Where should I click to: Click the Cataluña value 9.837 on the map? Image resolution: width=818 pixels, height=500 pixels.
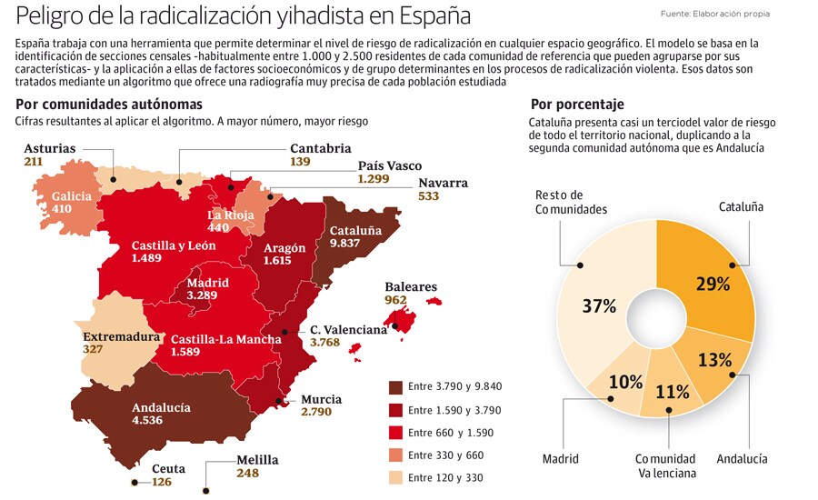[x=344, y=244]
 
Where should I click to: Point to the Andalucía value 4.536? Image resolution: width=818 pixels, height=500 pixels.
[x=147, y=421]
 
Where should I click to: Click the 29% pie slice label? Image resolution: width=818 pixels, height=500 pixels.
[x=712, y=283]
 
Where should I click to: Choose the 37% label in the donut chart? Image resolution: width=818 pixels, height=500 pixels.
[x=598, y=306]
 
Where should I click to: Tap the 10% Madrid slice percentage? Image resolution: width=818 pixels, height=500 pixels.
[x=625, y=382]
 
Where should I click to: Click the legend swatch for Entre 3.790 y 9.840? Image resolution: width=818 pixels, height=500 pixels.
[x=394, y=386]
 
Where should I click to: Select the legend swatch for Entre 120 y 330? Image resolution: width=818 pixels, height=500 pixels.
[x=394, y=478]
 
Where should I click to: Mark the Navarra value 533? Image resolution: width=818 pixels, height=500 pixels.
[x=429, y=195]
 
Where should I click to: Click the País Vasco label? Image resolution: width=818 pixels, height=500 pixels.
[x=390, y=165]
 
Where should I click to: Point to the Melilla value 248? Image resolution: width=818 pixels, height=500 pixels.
[x=247, y=473]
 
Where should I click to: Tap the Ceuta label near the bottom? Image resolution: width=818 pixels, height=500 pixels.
[x=168, y=469]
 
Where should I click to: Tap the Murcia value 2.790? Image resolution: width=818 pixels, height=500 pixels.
[x=318, y=412]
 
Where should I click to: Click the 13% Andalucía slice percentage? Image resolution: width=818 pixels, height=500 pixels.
[x=715, y=359]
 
